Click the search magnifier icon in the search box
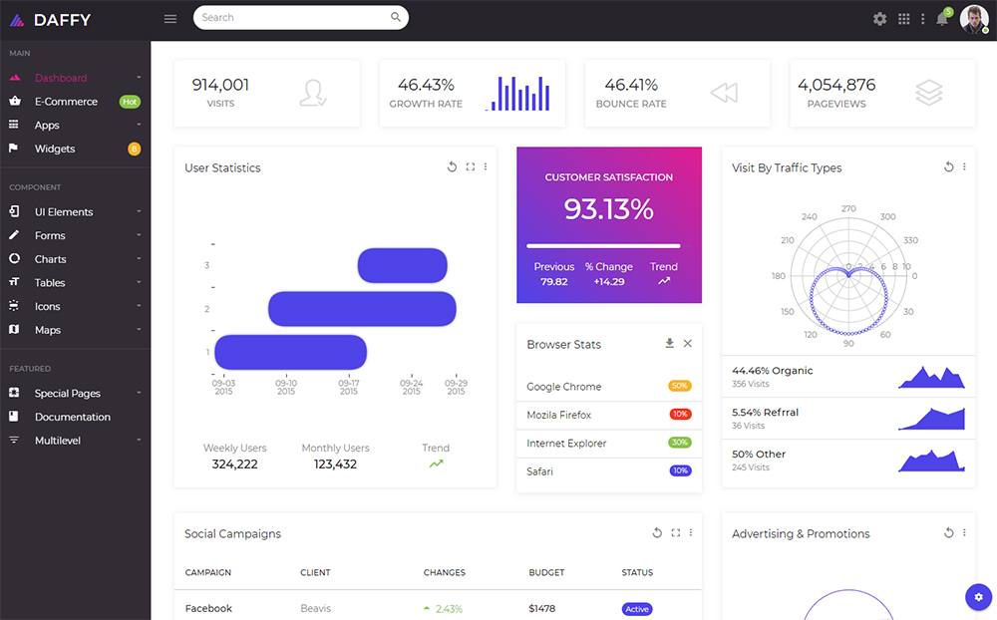coord(396,17)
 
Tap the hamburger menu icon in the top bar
coord(170,19)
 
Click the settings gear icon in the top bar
coord(880,19)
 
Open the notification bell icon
coord(942,20)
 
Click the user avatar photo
coord(973,19)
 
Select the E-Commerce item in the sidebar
coord(66,101)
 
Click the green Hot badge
coord(130,102)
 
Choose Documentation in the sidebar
coord(73,417)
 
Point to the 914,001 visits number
coord(220,85)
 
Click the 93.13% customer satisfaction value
coord(608,209)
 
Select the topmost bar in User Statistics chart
coord(403,266)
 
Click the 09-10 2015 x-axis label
coord(286,388)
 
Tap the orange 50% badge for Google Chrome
coord(680,386)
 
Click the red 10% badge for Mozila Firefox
coord(680,414)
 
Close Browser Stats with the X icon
coord(687,343)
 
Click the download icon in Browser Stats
coord(670,343)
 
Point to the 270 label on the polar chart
coord(848,208)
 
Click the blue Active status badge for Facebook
coord(637,609)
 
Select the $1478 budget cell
coord(541,609)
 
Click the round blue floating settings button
coord(979,597)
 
